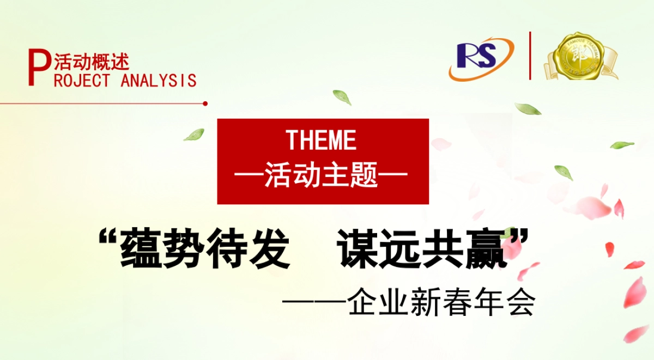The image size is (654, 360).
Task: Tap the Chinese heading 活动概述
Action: coord(92,62)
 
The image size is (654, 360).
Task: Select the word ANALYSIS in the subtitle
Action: coord(158,81)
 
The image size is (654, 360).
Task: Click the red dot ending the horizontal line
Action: coord(205,103)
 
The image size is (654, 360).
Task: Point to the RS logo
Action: coord(480,58)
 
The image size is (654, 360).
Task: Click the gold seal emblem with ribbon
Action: coord(580,57)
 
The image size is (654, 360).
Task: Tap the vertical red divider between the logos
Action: coord(530,56)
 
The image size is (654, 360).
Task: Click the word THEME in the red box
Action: coord(322,140)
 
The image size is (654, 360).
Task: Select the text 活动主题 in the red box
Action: coord(322,176)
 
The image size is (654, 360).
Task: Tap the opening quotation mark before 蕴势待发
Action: coord(108,239)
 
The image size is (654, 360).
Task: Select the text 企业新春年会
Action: coord(441,303)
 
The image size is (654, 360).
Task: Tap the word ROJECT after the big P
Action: coord(82,81)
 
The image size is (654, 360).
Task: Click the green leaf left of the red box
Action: coord(194,135)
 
